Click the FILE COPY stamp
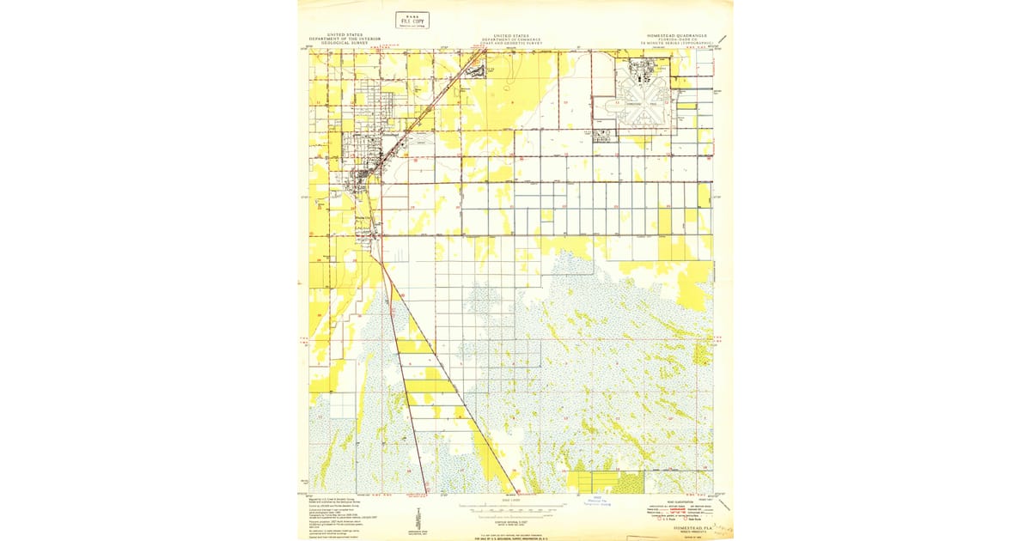(412, 21)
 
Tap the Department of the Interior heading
(350, 39)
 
